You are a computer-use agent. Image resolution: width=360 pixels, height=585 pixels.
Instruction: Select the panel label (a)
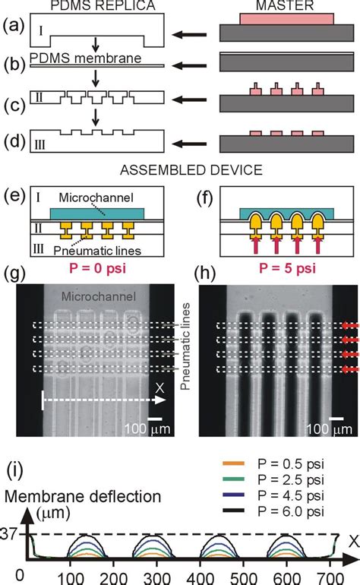pyautogui.click(x=12, y=33)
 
